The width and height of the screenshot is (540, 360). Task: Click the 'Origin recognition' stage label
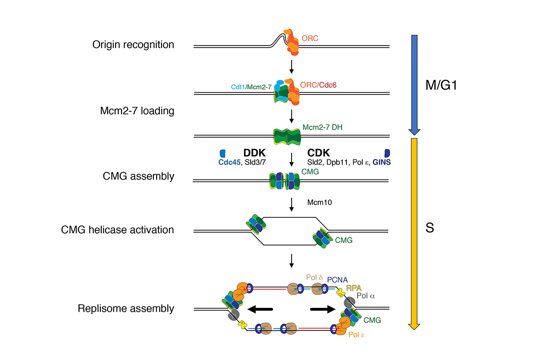pos(133,45)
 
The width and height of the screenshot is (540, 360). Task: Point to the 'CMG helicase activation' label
pos(117,230)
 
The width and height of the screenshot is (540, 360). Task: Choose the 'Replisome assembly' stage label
pos(126,309)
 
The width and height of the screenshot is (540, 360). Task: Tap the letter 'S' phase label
pos(430,229)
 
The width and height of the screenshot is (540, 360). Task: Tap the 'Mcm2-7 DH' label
pos(323,127)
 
